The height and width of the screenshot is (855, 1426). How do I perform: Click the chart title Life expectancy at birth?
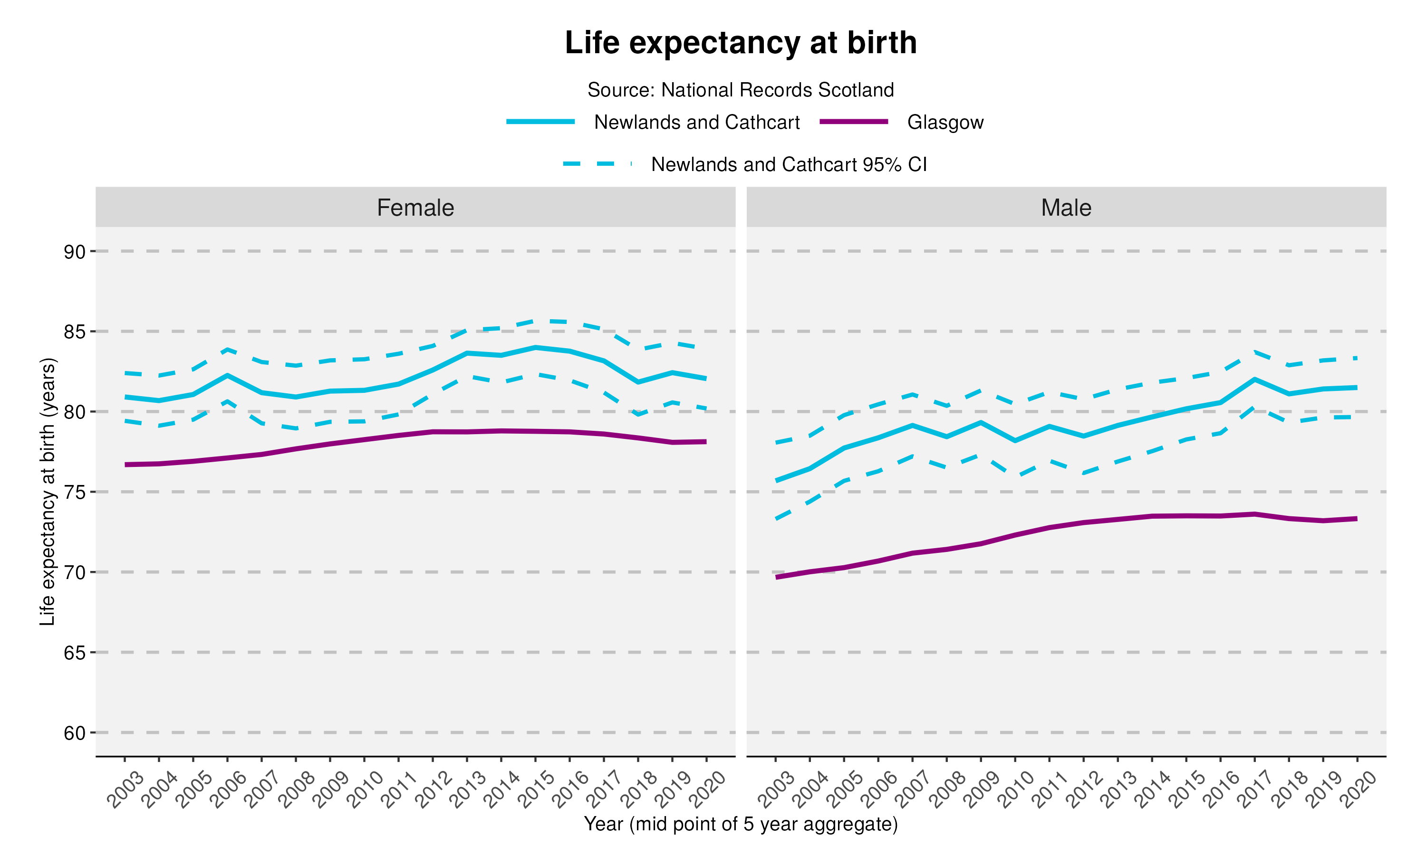pyautogui.click(x=740, y=43)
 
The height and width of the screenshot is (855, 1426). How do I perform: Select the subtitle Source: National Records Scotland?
pyautogui.click(x=740, y=90)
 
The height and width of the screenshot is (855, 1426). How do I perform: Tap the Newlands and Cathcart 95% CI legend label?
pyautogui.click(x=789, y=165)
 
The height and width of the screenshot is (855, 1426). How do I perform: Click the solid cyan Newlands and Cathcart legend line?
pyautogui.click(x=540, y=122)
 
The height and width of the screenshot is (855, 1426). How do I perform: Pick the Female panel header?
pyautogui.click(x=415, y=208)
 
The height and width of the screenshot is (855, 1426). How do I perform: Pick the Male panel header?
pyautogui.click(x=1066, y=208)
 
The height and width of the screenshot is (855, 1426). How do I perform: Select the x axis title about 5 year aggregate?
pyautogui.click(x=740, y=825)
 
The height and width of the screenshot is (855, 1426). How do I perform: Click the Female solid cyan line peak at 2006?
pyautogui.click(x=227, y=375)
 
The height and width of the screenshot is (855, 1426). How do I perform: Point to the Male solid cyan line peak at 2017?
pyautogui.click(x=1254, y=379)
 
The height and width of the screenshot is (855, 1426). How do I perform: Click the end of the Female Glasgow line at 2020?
pyautogui.click(x=705, y=442)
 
